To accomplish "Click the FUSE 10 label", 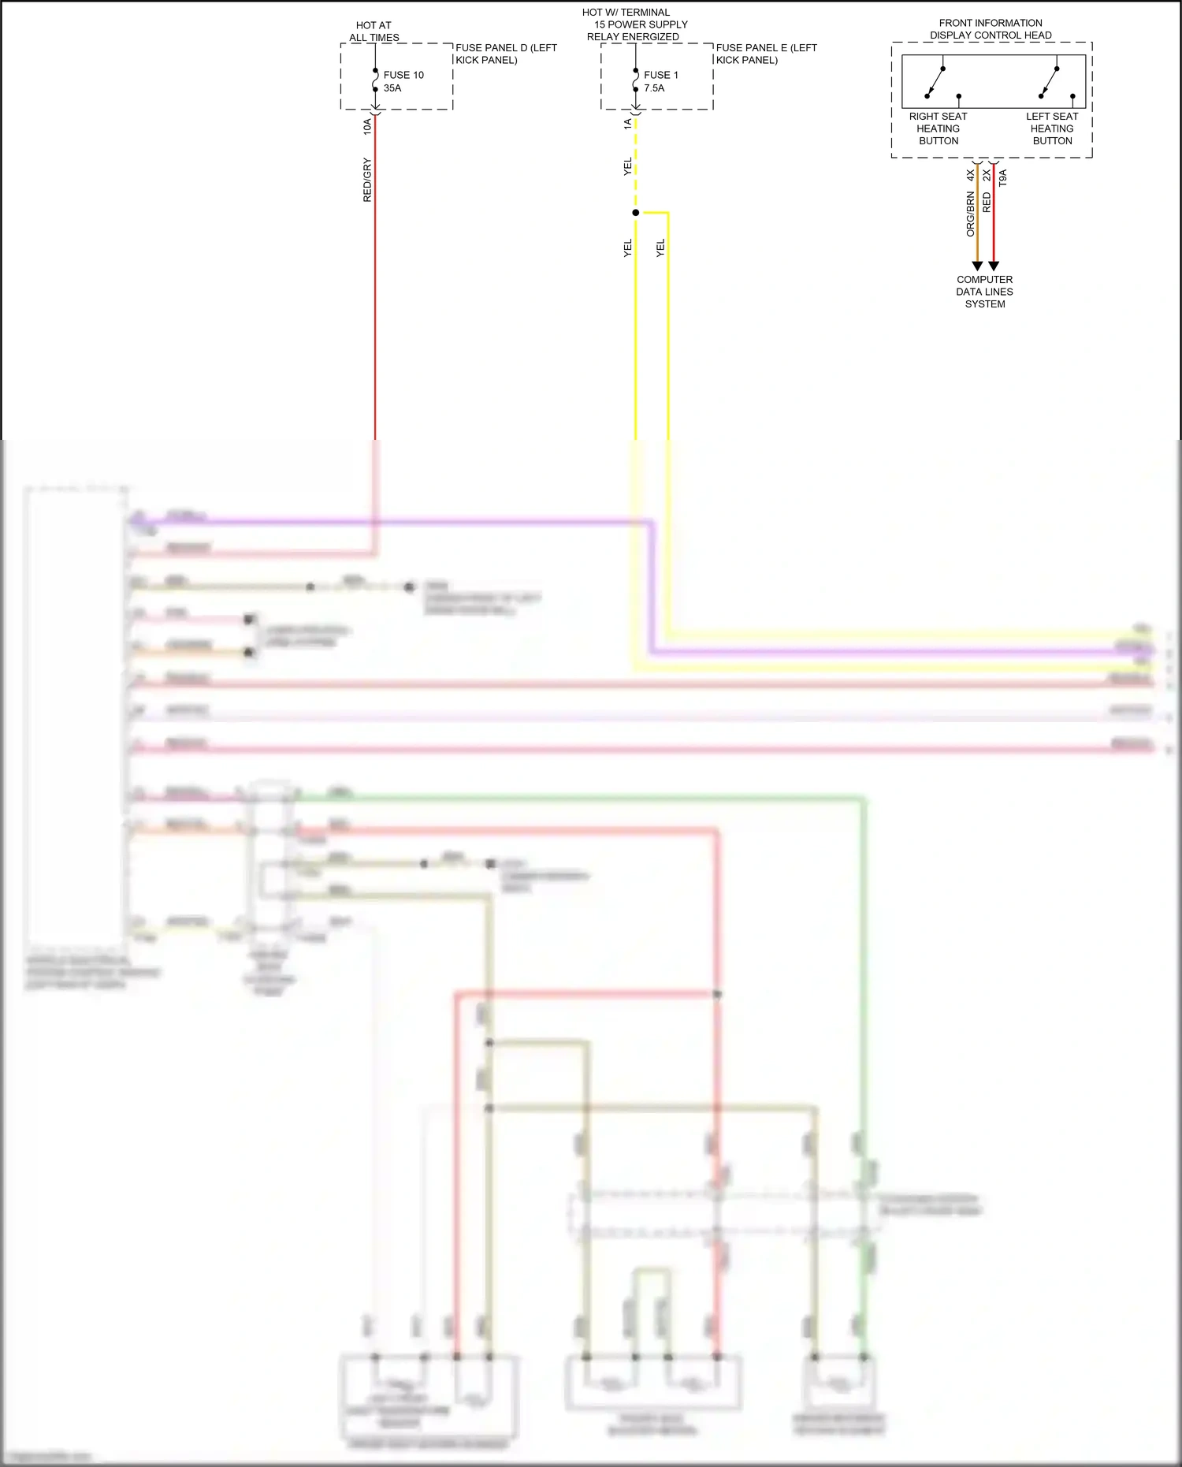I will pos(403,75).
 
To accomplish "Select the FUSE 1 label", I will pos(660,75).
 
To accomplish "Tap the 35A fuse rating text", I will pos(392,88).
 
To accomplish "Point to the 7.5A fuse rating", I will pos(654,88).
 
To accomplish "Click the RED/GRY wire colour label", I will pos(367,180).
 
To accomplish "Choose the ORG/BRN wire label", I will pos(971,214).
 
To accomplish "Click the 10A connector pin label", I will pos(367,126).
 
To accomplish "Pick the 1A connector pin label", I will pos(628,124).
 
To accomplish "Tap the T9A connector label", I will pos(1003,177).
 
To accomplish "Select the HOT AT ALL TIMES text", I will pos(374,32).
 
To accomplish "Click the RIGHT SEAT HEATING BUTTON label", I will pos(938,128).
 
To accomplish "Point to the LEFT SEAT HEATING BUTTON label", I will pos(1052,128).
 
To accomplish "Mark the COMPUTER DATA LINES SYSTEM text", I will pos(984,292).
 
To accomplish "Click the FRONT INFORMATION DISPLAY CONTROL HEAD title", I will pos(991,29).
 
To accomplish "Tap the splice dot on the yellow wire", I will pos(636,213).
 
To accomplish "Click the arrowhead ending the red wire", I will pos(994,266).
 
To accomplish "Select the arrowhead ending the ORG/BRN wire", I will pos(977,266).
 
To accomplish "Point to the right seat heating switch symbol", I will pos(936,82).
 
